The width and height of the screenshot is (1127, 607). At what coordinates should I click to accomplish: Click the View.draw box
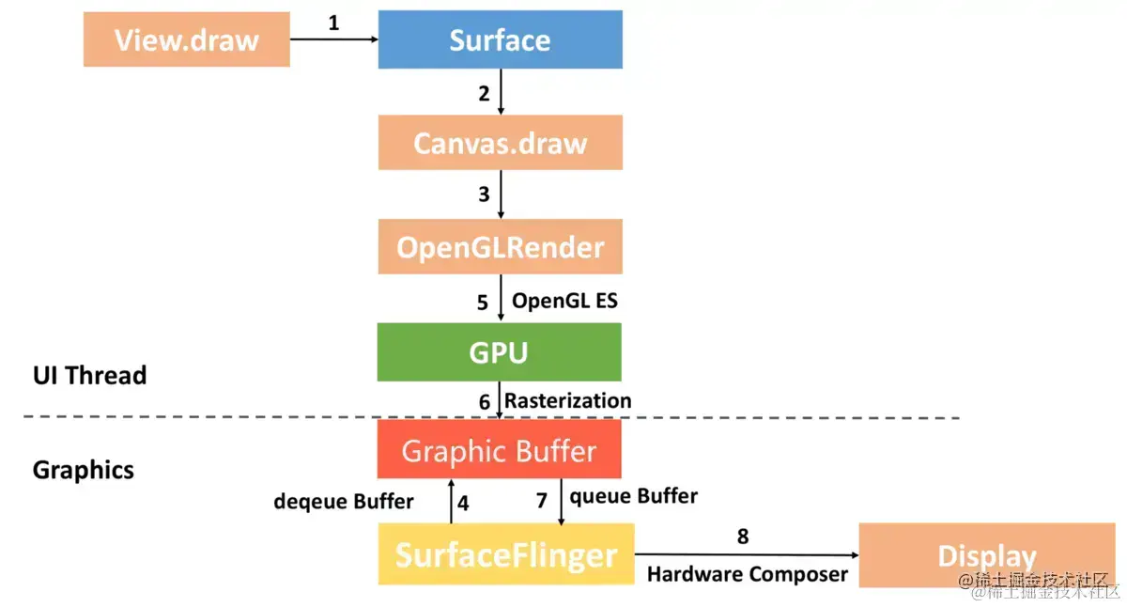[x=186, y=39]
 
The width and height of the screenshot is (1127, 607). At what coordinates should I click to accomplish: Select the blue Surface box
[x=500, y=39]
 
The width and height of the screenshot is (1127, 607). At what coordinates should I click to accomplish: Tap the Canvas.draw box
[x=500, y=143]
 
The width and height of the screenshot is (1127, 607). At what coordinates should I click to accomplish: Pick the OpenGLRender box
[x=500, y=247]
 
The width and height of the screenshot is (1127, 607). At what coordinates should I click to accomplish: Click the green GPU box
[x=499, y=352]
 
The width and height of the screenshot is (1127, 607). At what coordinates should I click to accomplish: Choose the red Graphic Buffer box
[x=499, y=450]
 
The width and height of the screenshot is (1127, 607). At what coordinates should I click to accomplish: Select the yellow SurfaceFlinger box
[x=506, y=554]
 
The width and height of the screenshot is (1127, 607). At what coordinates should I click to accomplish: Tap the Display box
[x=986, y=556]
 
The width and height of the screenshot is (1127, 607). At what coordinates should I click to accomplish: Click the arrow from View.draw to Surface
[x=333, y=39]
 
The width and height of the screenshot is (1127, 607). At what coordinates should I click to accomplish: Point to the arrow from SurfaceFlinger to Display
[x=747, y=554]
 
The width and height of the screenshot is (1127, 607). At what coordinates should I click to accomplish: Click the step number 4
[x=463, y=502]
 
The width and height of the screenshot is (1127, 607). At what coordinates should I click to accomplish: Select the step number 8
[x=743, y=537]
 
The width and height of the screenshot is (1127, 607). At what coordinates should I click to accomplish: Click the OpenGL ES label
[x=564, y=302]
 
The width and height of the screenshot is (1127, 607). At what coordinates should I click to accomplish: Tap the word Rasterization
[x=568, y=400]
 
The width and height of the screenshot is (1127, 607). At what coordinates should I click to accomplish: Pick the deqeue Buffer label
[x=344, y=502]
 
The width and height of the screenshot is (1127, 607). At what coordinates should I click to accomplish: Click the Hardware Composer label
[x=748, y=574]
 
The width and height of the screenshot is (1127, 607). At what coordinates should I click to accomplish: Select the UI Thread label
[x=90, y=376]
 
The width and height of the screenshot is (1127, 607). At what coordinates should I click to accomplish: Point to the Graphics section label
[x=84, y=470]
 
